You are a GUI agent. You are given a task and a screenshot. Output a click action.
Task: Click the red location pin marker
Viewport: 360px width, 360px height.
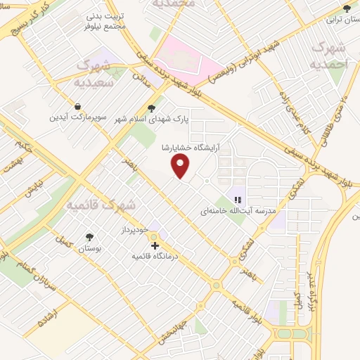(181, 167)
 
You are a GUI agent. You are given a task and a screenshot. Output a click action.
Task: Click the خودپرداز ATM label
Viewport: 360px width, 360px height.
(134, 230)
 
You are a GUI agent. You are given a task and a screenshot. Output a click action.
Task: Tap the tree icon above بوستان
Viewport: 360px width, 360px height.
(89, 238)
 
